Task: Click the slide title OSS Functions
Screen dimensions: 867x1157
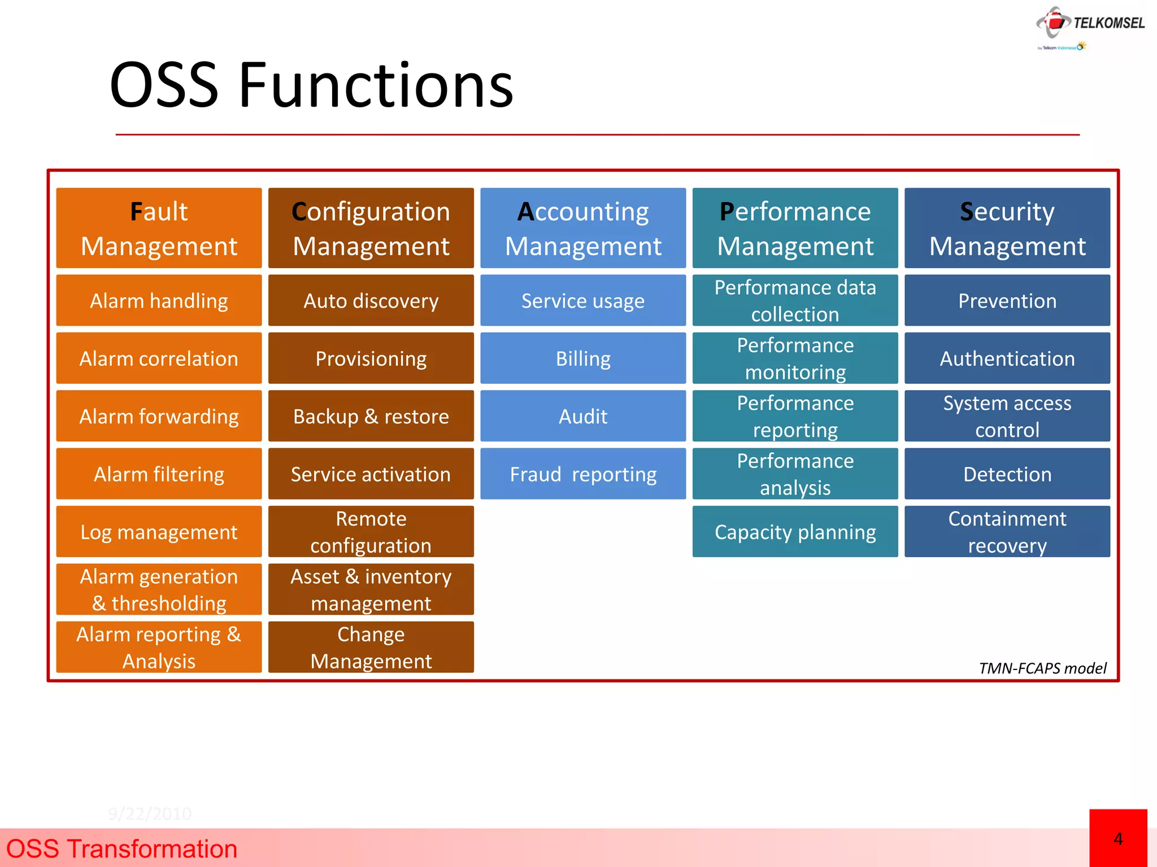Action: [x=311, y=86]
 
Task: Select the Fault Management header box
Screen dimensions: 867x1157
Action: [x=159, y=228]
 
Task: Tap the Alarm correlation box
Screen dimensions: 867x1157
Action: [x=159, y=358]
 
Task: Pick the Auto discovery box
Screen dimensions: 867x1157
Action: [x=371, y=300]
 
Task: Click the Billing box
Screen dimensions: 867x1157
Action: [x=583, y=358]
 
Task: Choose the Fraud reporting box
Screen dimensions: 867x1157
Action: [x=583, y=474]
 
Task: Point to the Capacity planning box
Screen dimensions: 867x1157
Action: [x=795, y=532]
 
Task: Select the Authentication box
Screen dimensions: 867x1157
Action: [x=1007, y=358]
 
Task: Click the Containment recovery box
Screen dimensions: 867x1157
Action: [x=1007, y=532]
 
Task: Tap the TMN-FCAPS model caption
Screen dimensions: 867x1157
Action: [x=1042, y=668]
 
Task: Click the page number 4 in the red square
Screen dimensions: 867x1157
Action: [x=1118, y=839]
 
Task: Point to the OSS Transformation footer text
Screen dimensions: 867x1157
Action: [x=121, y=849]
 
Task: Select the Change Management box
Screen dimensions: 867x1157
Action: [x=371, y=647]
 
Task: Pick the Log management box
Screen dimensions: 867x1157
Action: [x=159, y=532]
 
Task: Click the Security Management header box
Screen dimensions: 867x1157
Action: [x=1007, y=228]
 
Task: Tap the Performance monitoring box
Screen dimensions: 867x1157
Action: [x=795, y=358]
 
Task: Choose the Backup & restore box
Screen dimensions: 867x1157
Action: [x=371, y=416]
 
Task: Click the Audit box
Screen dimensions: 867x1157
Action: [x=583, y=416]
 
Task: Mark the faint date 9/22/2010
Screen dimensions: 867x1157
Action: [x=150, y=813]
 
